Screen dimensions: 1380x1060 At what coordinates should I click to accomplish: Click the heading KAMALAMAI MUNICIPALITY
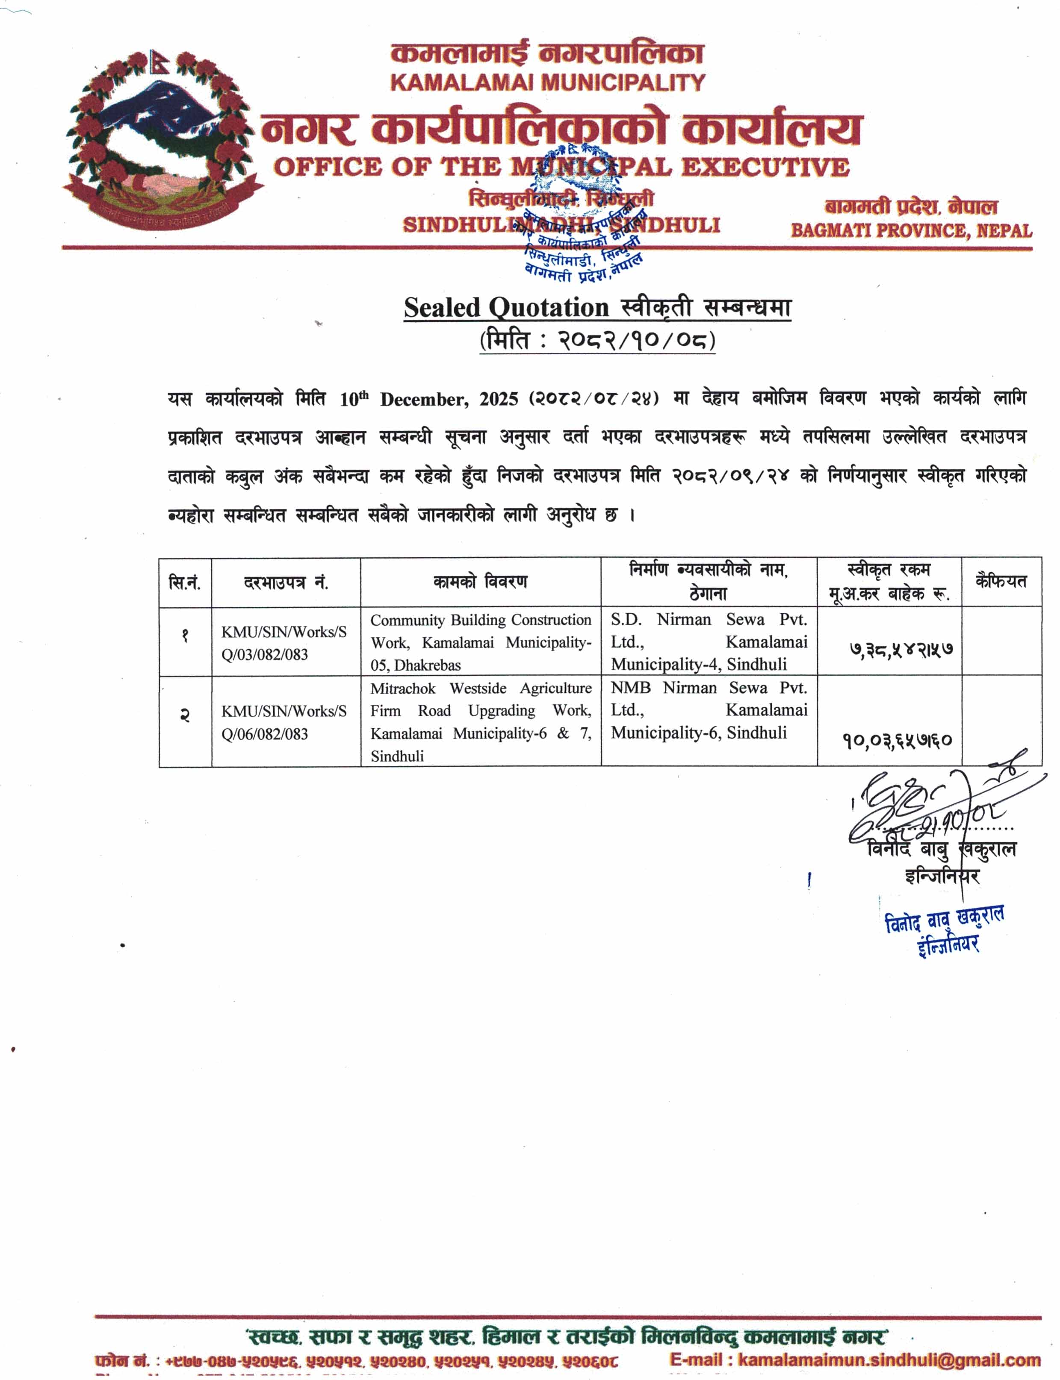click(547, 82)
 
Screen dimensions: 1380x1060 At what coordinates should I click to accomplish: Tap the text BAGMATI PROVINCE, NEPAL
click(911, 230)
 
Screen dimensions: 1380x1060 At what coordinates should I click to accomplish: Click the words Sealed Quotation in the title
click(506, 308)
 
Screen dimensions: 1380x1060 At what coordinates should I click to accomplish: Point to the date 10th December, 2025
click(428, 399)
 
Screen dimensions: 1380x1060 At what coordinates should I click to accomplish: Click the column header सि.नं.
click(185, 582)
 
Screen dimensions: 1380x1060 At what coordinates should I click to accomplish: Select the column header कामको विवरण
click(480, 582)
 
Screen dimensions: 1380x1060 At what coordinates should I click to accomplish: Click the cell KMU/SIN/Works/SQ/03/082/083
click(284, 643)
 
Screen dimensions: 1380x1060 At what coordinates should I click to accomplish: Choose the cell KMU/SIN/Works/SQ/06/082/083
click(284, 722)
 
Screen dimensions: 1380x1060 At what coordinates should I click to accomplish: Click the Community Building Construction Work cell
click(480, 642)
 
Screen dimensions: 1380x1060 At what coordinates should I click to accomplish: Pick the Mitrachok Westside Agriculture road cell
click(480, 721)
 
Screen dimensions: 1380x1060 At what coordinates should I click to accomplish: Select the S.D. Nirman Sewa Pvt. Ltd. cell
click(709, 641)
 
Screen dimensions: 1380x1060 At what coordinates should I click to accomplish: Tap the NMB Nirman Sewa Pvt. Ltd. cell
click(709, 710)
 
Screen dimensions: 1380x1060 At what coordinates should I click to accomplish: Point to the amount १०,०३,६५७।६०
click(897, 739)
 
